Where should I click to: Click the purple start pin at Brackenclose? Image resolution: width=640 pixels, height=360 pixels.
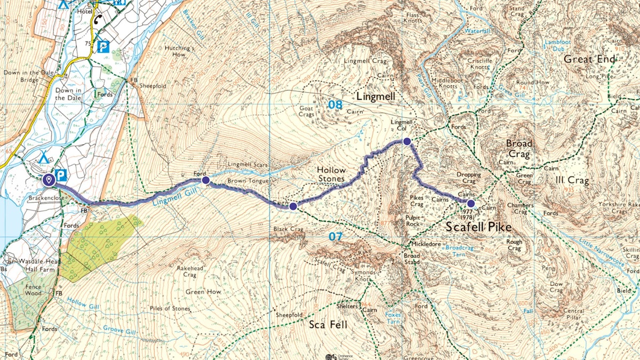tap(49, 180)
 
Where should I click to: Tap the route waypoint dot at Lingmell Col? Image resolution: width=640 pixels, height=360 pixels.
tap(407, 141)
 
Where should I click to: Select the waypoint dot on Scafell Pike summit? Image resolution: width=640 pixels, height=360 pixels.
tap(470, 203)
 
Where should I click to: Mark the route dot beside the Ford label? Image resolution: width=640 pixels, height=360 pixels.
tap(205, 180)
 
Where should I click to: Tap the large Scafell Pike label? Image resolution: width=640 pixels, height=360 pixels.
tap(478, 228)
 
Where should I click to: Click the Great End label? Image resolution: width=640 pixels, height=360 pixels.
tap(589, 59)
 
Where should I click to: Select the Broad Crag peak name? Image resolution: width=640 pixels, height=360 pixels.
tap(519, 149)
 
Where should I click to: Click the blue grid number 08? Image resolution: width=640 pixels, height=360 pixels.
tap(335, 105)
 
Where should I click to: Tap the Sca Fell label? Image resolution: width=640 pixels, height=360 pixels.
tap(329, 324)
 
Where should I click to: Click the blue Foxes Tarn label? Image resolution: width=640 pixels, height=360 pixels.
tap(393, 318)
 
